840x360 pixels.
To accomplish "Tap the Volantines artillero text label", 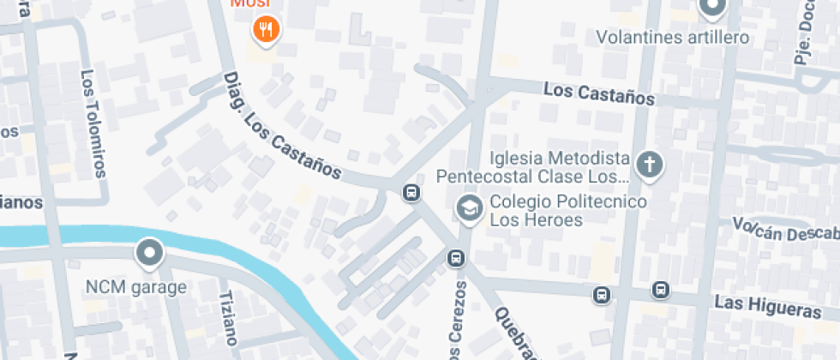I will click(x=673, y=38).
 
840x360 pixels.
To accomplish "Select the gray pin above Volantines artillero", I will click(x=711, y=9).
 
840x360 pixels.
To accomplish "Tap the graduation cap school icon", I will click(x=469, y=208).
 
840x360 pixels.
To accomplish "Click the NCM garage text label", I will click(x=135, y=287).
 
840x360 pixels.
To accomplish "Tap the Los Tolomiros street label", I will click(x=93, y=123).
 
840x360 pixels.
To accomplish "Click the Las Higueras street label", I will click(x=762, y=306).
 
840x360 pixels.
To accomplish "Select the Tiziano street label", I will click(x=227, y=318).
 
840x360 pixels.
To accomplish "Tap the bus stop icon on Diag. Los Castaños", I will click(x=411, y=193).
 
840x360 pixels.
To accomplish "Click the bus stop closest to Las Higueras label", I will click(x=661, y=291).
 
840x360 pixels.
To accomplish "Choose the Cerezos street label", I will click(x=458, y=321).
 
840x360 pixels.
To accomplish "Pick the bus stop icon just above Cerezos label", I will click(x=455, y=258).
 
